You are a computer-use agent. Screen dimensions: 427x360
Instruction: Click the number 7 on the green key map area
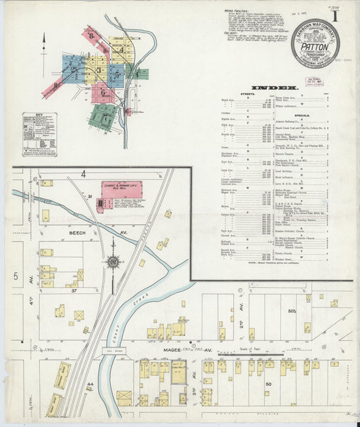(103, 116)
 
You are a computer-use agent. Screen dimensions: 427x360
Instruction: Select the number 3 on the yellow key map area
(99, 70)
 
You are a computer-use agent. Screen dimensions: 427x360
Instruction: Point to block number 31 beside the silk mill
(89, 196)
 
